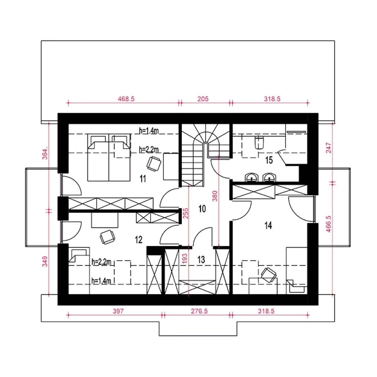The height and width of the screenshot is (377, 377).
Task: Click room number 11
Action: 143,178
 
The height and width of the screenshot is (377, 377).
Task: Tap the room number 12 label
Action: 138,240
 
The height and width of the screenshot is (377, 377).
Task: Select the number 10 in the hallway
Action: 202,209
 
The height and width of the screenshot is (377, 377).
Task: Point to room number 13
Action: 201,260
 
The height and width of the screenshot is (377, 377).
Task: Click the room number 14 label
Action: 268,226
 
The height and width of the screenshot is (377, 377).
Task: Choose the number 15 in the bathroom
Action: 269,160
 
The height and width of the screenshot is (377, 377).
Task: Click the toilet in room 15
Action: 259,143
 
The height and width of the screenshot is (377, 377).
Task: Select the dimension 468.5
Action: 126,99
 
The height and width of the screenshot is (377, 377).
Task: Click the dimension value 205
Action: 203,99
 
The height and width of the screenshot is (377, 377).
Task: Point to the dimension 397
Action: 118,311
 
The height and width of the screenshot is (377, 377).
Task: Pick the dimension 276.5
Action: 199,311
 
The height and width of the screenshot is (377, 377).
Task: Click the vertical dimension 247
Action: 329,148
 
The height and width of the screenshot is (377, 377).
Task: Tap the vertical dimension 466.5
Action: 328,224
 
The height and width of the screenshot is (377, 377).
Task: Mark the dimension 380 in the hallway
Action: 215,196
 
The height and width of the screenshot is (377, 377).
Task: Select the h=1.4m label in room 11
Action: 149,131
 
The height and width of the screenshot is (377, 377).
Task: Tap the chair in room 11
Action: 154,164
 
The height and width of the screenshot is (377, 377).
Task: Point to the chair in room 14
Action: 269,275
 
